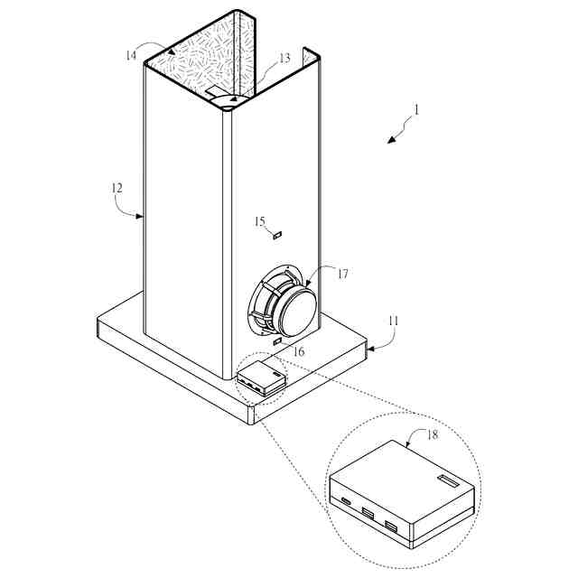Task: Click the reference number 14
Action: click(x=132, y=56)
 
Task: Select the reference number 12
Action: click(x=117, y=189)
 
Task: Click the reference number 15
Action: click(x=259, y=221)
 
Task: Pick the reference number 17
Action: click(x=342, y=275)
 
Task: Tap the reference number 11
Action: click(x=393, y=320)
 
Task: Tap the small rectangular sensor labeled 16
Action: click(x=277, y=341)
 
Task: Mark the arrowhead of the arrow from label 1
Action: click(x=389, y=140)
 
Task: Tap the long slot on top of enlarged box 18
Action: click(x=448, y=480)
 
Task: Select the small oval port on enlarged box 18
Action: click(x=346, y=501)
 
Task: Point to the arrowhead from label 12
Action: click(x=142, y=217)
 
